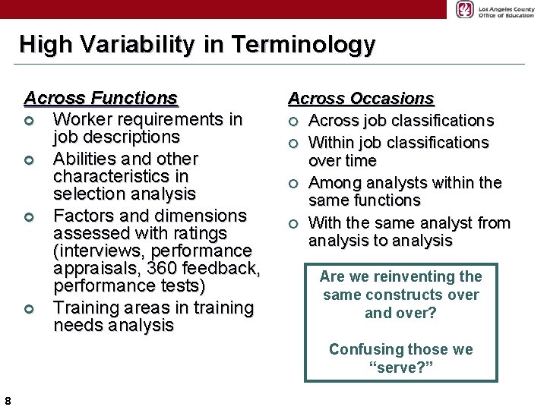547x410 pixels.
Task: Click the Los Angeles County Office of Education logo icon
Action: pyautogui.click(x=464, y=9)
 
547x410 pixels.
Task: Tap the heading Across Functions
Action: pyautogui.click(x=101, y=98)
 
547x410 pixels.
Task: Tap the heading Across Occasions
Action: pyautogui.click(x=361, y=99)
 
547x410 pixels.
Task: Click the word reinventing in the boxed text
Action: pyautogui.click(x=398, y=276)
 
